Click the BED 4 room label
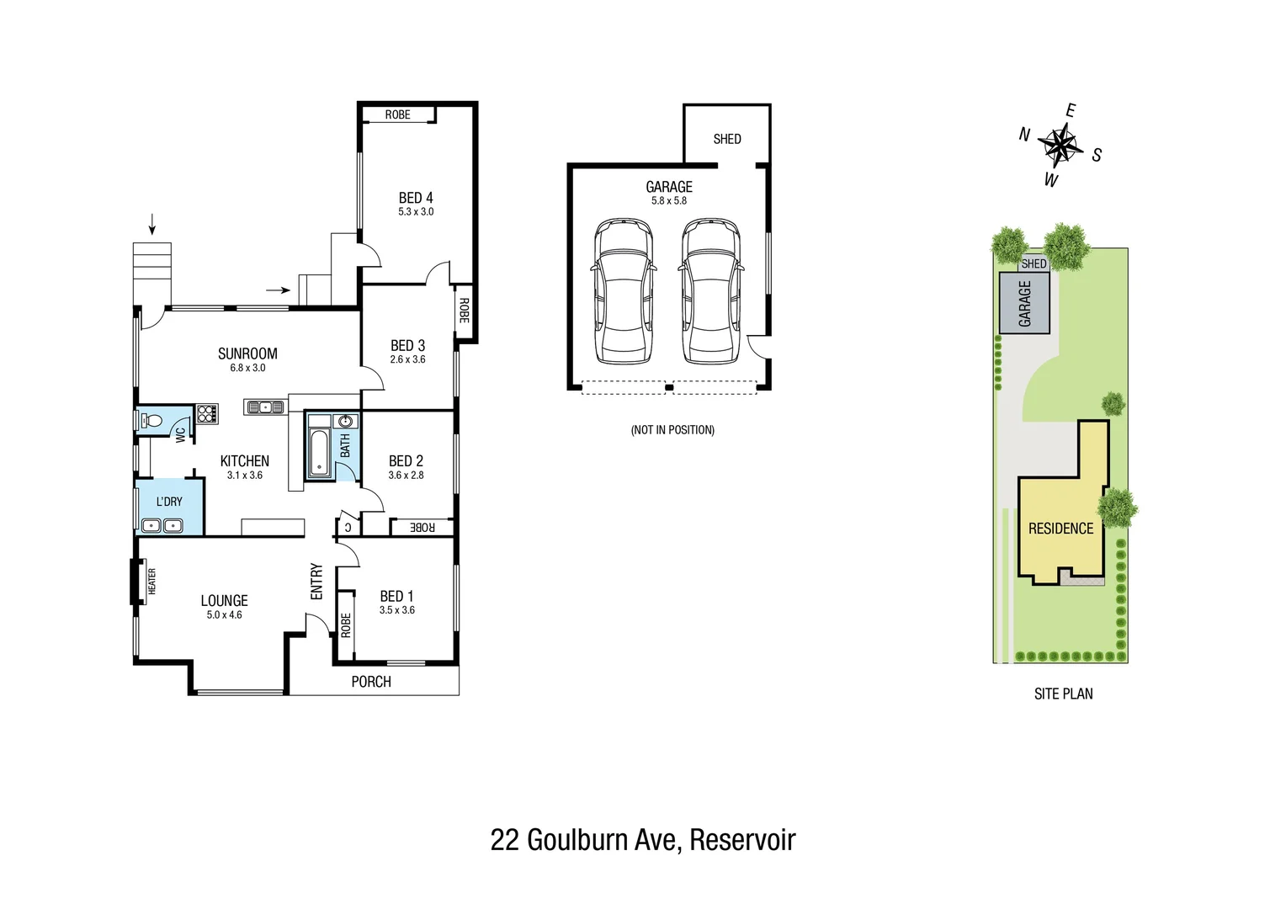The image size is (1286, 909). coord(416,198)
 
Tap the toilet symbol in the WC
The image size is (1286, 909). coord(151,421)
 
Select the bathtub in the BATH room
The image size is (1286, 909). coord(319,453)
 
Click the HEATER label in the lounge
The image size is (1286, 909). coord(152,581)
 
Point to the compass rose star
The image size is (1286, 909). coord(1060,145)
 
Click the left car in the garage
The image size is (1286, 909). coord(623,292)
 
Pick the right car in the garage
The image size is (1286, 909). coord(711,292)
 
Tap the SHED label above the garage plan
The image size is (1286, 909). coord(727,139)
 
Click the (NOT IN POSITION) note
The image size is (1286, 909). coord(672,430)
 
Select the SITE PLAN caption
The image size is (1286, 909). coord(1063,694)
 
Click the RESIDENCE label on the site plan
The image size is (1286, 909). coord(1060,529)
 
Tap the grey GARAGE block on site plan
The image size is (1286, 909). coord(1024,303)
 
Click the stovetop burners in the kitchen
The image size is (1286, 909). coord(207,413)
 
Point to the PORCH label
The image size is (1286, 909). coord(371,682)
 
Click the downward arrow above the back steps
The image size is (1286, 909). coord(152,224)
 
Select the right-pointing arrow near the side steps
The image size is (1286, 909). coord(278,290)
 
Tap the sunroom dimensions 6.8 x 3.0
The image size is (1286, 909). coord(247,368)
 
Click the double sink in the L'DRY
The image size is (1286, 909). coord(162,526)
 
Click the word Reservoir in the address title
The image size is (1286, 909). coord(742,840)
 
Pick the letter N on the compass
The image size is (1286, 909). coord(1024,135)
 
